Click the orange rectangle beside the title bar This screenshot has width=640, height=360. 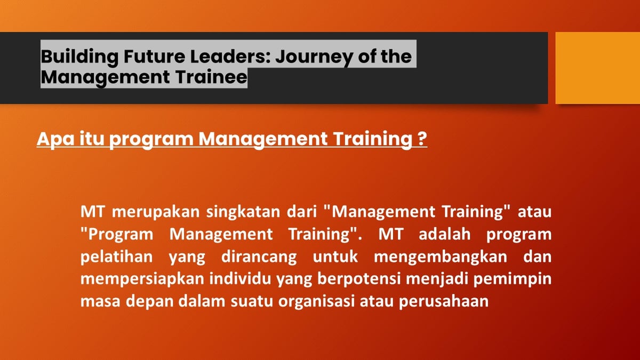(x=597, y=68)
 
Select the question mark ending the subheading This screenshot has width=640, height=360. (x=421, y=139)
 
